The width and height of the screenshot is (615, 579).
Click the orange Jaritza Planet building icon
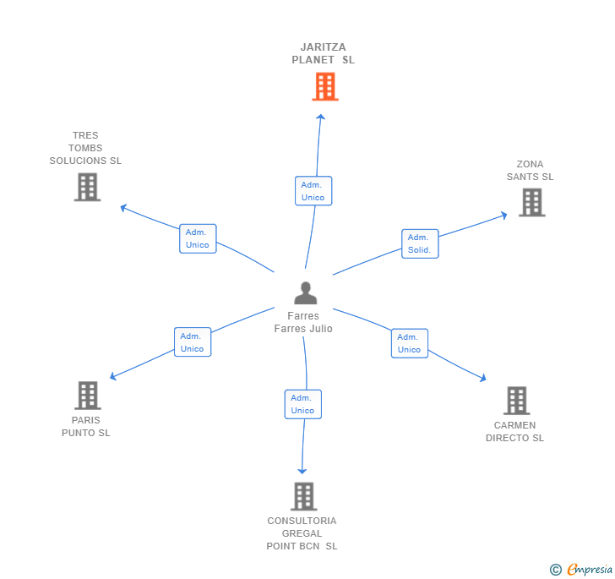(x=325, y=86)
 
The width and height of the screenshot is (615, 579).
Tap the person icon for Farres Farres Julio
(x=305, y=293)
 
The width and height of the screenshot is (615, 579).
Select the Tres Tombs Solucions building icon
(x=87, y=187)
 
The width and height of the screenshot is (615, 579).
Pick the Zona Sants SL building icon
(x=531, y=202)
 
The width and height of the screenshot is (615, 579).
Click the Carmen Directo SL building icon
(x=516, y=401)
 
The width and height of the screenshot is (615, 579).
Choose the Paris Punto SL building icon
(x=87, y=395)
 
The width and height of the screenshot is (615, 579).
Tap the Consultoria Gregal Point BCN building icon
(x=303, y=496)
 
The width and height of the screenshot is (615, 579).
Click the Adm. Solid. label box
(x=420, y=243)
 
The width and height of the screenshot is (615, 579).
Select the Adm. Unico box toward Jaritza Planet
(x=313, y=191)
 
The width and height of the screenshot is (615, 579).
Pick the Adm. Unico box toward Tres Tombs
(x=198, y=238)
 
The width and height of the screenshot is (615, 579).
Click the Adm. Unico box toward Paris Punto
(x=192, y=342)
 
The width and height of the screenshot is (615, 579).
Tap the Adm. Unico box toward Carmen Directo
(x=409, y=343)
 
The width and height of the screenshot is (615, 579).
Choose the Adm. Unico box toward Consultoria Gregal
(x=302, y=404)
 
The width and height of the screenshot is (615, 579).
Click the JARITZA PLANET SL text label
(x=323, y=53)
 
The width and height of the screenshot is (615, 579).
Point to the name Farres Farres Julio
(x=303, y=322)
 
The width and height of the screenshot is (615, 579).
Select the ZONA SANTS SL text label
(x=530, y=171)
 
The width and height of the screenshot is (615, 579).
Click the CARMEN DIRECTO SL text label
(x=514, y=432)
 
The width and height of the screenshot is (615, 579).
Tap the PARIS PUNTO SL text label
(x=86, y=426)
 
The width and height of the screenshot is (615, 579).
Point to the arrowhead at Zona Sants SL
(x=504, y=215)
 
